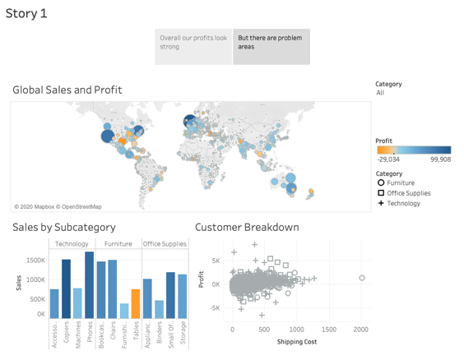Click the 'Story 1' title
[x=26, y=14]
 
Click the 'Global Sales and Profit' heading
[x=67, y=90]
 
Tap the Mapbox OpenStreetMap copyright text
[x=58, y=206]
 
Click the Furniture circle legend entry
[x=400, y=183]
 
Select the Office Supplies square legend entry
[x=404, y=193]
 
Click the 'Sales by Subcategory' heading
[x=64, y=228]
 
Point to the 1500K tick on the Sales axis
[x=35, y=261]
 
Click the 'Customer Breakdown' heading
[x=247, y=228]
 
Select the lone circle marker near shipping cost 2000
[x=362, y=279]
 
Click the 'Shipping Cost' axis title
[x=297, y=342]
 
